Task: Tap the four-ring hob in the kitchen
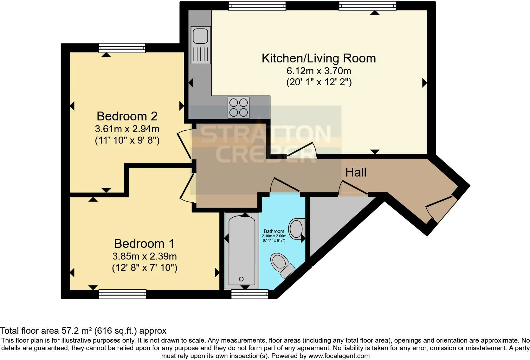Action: (238, 107)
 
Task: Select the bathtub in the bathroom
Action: (242, 250)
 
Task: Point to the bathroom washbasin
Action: (296, 228)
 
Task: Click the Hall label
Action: (356, 172)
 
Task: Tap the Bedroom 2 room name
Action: (127, 116)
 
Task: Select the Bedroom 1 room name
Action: (144, 244)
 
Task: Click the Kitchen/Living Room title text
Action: (319, 58)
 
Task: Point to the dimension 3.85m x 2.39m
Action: (145, 256)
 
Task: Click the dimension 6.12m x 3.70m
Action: (319, 71)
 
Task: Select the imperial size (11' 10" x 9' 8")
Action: (127, 140)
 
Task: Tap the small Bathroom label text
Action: (274, 231)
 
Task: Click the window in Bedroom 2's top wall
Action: (122, 48)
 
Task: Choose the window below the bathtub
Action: (250, 294)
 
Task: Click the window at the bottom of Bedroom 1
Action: (123, 294)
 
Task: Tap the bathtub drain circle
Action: (241, 279)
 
